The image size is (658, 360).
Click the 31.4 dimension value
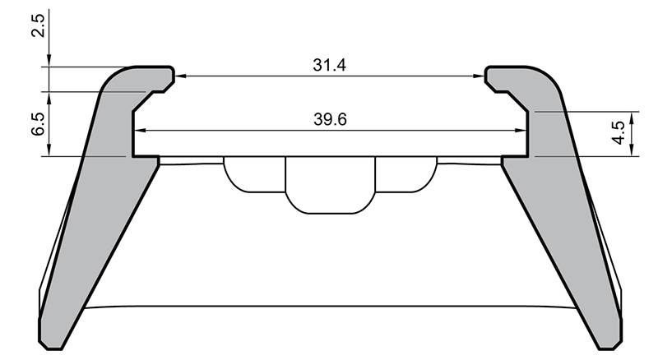[x=329, y=65]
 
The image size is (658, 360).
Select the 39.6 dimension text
[x=329, y=119]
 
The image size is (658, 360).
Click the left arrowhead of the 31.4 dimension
[x=179, y=76]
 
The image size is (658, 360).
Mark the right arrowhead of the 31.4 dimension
[x=480, y=76]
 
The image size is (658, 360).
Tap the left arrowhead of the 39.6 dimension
[x=139, y=130]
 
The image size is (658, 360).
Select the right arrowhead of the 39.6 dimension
[x=522, y=130]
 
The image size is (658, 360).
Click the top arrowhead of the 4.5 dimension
[x=631, y=115]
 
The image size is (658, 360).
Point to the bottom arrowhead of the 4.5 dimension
[x=631, y=151]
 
